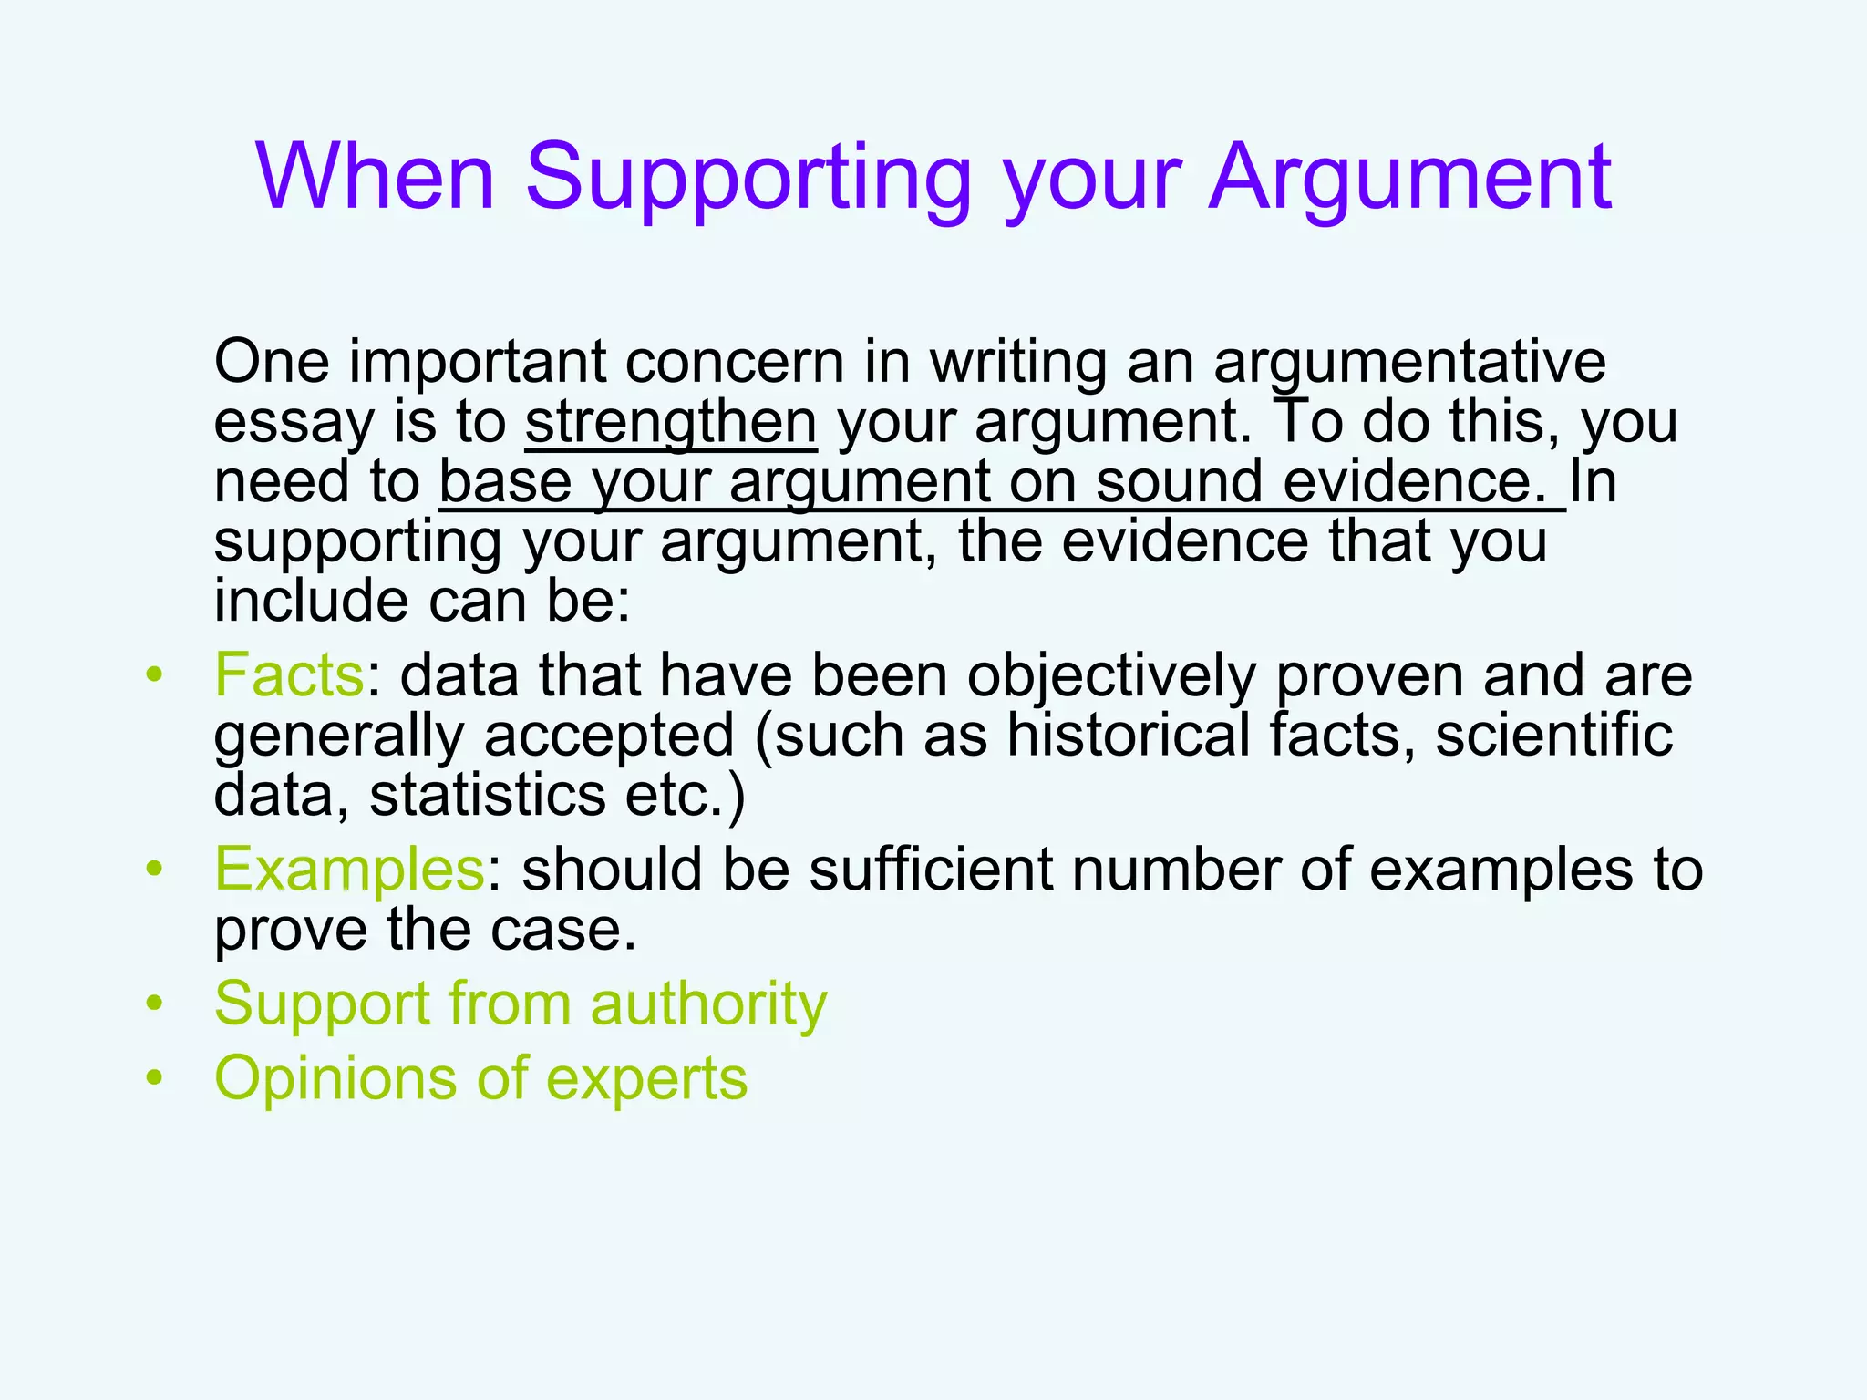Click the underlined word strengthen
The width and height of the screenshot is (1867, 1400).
671,422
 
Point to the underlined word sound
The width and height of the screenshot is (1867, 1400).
1179,482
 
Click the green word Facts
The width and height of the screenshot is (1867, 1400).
289,675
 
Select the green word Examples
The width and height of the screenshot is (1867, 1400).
349,869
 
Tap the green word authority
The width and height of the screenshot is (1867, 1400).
708,1004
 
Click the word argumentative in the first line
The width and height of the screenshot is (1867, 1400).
1409,363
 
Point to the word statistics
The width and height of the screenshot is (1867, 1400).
488,795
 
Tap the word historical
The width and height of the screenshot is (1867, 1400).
1128,736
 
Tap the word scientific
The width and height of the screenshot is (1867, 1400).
1553,736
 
